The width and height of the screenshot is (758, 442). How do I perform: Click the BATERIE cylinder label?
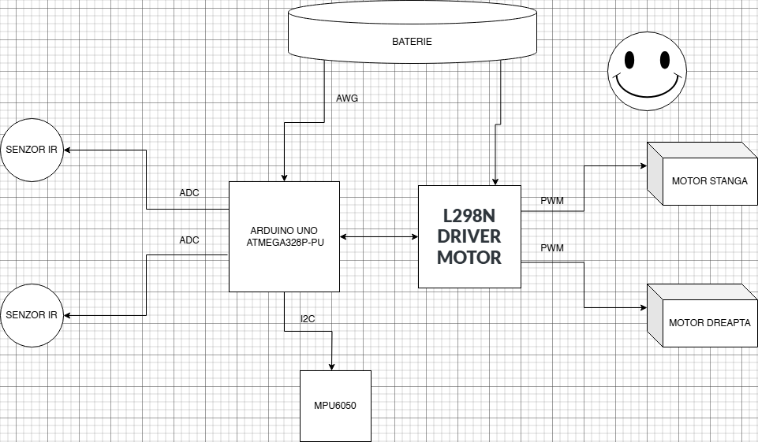(412, 41)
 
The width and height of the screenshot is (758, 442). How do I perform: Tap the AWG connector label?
(347, 98)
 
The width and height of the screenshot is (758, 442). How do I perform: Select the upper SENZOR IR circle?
(32, 150)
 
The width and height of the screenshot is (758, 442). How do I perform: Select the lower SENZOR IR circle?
(32, 315)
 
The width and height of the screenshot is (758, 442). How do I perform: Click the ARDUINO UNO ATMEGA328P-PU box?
(284, 236)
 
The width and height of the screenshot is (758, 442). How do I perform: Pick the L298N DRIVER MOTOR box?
(469, 236)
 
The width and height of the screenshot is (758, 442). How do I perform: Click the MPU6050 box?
(335, 405)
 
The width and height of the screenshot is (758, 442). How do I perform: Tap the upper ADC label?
(189, 193)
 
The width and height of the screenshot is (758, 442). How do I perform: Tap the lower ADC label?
(189, 240)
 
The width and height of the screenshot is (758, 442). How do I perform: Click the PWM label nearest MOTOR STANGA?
(552, 201)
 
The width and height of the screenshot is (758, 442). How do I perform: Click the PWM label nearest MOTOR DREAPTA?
(552, 248)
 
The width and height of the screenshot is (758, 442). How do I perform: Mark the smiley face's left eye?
(630, 59)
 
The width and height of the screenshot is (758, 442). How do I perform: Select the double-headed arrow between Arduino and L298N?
(379, 236)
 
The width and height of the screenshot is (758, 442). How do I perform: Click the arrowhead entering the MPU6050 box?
(331, 366)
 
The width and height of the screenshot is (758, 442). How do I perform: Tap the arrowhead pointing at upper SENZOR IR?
(69, 150)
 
